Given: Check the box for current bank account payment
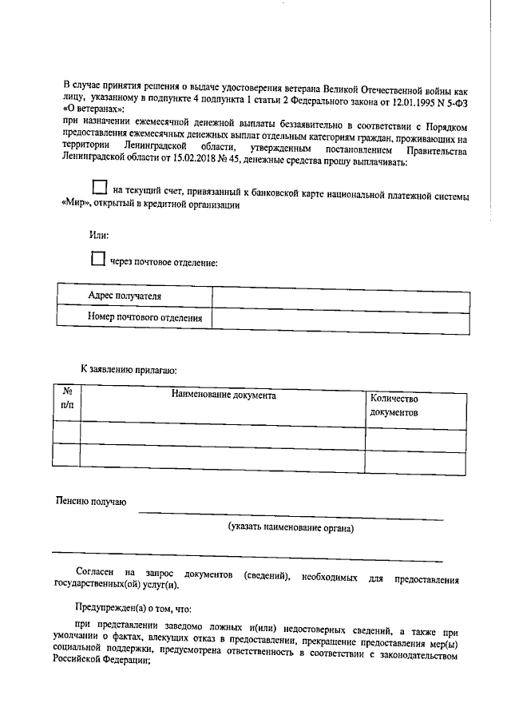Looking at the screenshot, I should point(99,188).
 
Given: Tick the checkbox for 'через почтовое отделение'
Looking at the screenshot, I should point(97,258).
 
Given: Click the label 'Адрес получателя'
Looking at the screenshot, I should point(125,296).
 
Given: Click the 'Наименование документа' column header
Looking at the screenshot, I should point(223,395).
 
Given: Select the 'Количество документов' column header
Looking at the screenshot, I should point(394,405).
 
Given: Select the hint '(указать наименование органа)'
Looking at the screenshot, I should point(291,527).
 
